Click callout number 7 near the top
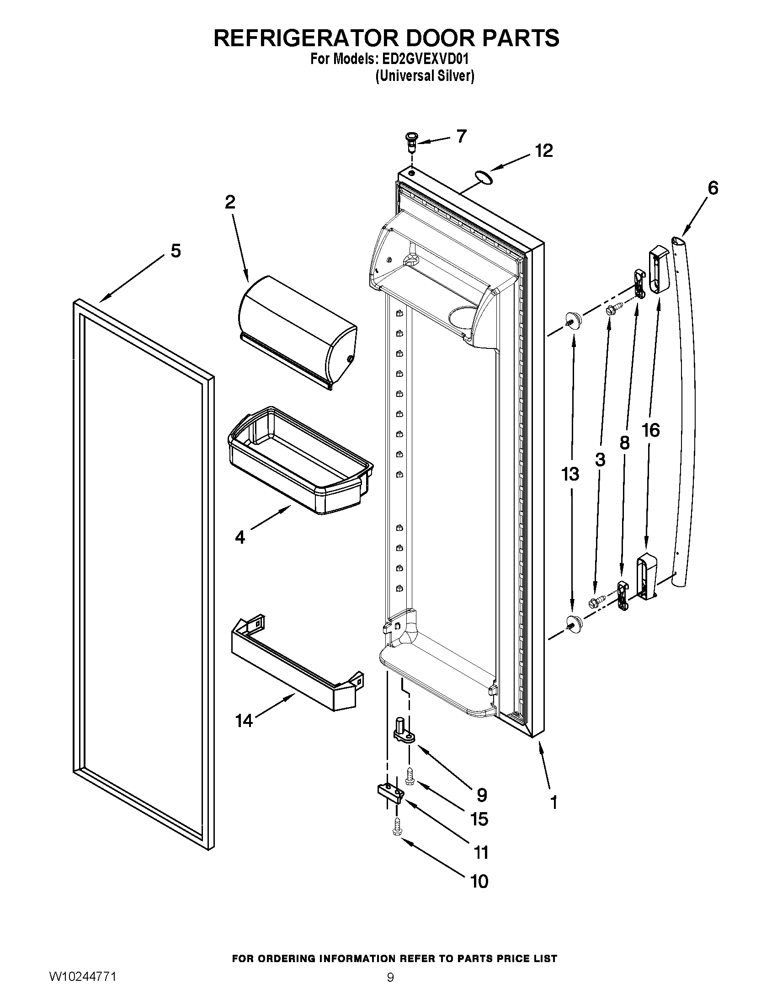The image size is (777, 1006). click(x=461, y=136)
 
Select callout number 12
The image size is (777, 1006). click(x=543, y=151)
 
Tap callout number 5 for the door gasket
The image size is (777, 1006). click(x=176, y=251)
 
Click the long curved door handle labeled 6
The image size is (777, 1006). click(x=686, y=415)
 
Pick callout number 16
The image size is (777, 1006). click(x=651, y=430)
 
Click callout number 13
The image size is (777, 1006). click(x=570, y=474)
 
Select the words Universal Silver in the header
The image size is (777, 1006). click(x=425, y=76)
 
